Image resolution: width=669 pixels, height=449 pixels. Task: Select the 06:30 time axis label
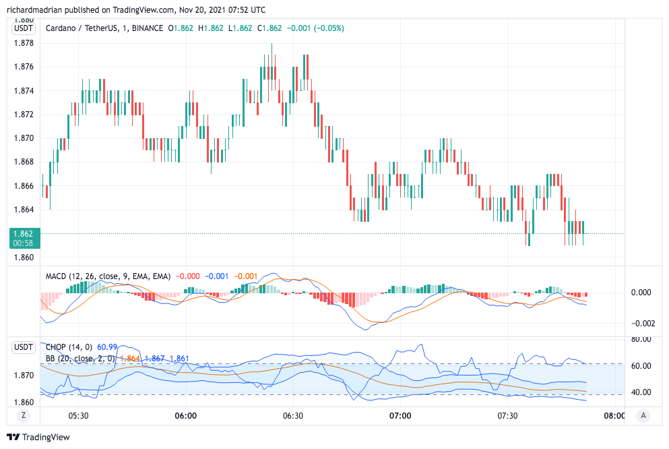pyautogui.click(x=292, y=416)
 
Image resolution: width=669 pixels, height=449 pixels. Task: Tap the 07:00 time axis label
pyautogui.click(x=400, y=416)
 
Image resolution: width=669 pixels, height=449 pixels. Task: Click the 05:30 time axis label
pyautogui.click(x=79, y=416)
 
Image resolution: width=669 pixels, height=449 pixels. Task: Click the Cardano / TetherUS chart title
pyautogui.click(x=84, y=28)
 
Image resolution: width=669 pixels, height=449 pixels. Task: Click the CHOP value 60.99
pyautogui.click(x=107, y=347)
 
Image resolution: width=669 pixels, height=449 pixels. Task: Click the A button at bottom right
pyautogui.click(x=643, y=416)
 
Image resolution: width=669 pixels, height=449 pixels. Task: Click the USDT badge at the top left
pyautogui.click(x=24, y=28)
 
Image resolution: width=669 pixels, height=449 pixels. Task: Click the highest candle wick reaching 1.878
pyautogui.click(x=272, y=45)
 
